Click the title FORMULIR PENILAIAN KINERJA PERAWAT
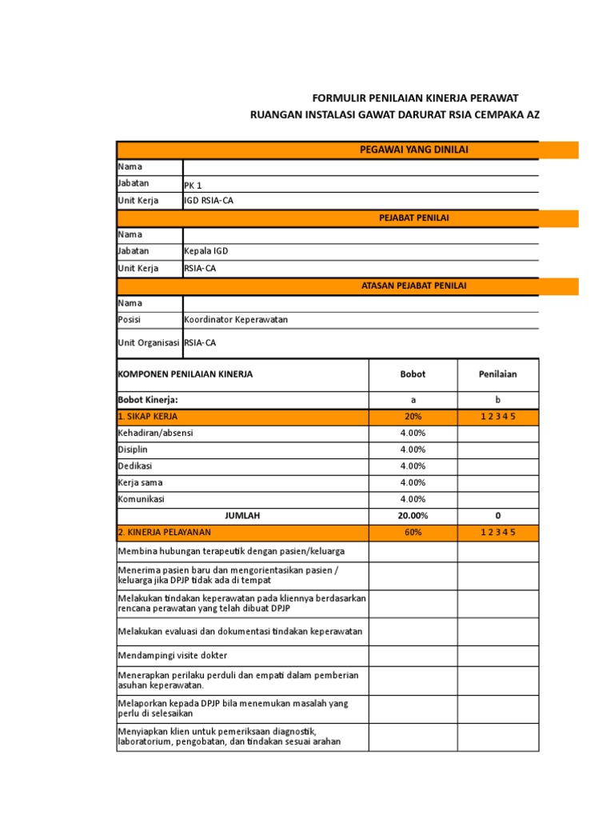click(x=409, y=98)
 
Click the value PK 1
click(x=193, y=185)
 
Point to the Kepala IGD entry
click(x=206, y=251)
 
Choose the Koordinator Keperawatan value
click(x=236, y=320)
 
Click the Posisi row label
click(x=130, y=320)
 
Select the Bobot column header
click(x=413, y=374)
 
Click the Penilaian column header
click(x=498, y=374)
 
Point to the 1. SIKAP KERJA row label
click(x=148, y=417)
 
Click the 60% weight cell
click(x=413, y=533)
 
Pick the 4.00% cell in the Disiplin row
click(x=413, y=449)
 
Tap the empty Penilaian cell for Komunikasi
click(x=498, y=499)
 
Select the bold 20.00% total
click(x=413, y=516)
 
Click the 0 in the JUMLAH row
click(x=498, y=516)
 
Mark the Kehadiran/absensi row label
click(x=155, y=433)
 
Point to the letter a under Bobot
click(x=413, y=400)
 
